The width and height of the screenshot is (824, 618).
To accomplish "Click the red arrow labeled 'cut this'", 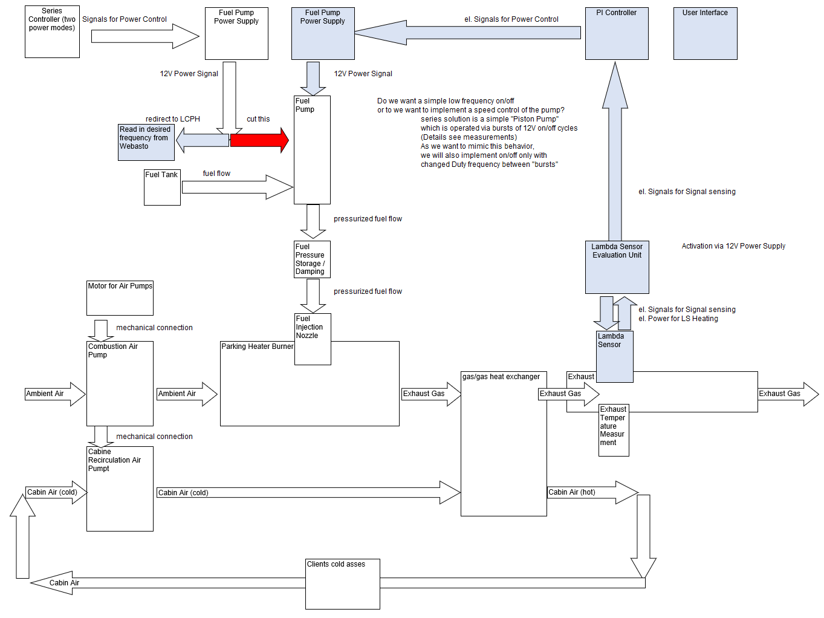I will click(259, 140).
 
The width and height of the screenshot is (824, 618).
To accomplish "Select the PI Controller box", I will click(617, 33).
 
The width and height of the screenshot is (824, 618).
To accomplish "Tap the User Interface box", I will click(705, 33).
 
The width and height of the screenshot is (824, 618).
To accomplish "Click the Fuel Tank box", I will click(162, 187).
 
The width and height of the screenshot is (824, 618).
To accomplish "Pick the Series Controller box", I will click(52, 32).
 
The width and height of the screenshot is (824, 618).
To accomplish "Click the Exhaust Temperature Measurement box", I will click(614, 430).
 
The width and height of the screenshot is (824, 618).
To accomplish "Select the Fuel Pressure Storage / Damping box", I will click(312, 259).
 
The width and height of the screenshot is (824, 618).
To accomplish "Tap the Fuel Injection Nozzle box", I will click(313, 339).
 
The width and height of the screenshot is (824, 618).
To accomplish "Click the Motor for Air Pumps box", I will click(120, 298).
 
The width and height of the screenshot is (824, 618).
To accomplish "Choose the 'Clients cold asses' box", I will click(342, 584).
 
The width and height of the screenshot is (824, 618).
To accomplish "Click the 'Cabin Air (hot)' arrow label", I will click(572, 492).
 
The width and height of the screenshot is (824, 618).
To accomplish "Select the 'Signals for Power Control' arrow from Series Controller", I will click(145, 36).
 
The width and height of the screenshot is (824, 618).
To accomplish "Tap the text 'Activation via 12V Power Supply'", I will click(733, 246).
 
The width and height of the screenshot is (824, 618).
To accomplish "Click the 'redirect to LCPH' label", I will click(172, 119).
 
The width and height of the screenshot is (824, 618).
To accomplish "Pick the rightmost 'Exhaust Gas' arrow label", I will click(779, 394).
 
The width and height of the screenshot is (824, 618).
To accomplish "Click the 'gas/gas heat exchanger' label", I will click(501, 377).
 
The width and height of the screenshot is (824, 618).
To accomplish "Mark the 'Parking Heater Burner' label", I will click(257, 346).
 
